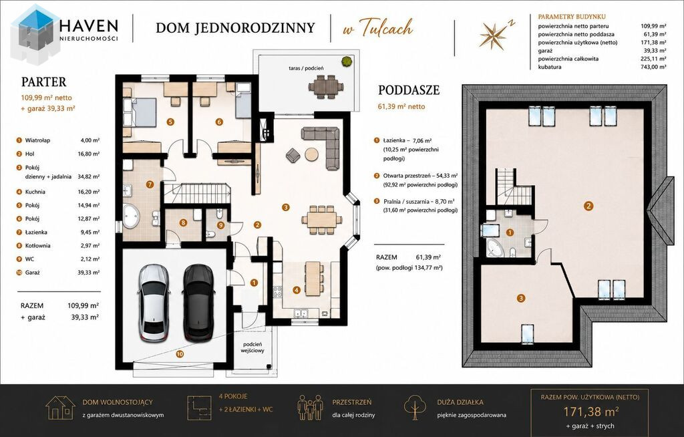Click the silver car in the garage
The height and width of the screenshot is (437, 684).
coord(154,303)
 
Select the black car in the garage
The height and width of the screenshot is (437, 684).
coord(198,303)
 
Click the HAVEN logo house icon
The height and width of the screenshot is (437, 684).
coord(35,34)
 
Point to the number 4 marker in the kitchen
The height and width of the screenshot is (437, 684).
coord(297,290)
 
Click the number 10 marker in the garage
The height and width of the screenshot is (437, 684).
coord(180,354)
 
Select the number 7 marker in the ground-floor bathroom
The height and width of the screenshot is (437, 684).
coord(150,184)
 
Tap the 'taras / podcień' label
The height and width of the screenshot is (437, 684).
coord(306,68)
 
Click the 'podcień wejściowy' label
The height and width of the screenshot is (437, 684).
coord(252,347)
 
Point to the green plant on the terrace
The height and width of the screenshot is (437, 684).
coord(347,61)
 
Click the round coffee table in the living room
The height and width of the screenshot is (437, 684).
coord(311,154)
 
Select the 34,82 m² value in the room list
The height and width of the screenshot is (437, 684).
coord(89,177)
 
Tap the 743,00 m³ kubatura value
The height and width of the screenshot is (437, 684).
coord(653,67)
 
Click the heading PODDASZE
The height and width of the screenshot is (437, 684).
coord(409,90)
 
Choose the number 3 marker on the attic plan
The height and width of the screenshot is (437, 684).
coord(521,299)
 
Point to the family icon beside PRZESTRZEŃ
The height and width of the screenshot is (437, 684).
coord(310,408)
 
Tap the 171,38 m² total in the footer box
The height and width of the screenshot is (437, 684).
coord(591,411)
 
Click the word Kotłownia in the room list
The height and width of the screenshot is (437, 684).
coord(38,246)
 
